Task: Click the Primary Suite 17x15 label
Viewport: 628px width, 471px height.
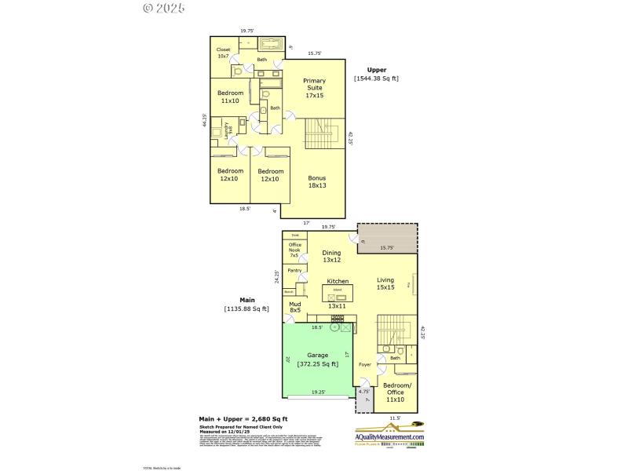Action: pos(314,88)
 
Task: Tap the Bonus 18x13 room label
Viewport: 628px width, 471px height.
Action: pos(316,182)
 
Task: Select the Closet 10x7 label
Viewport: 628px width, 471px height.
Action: pos(224,53)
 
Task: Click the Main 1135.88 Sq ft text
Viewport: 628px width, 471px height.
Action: pos(246,305)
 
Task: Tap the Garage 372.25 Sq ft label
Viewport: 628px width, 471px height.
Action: pos(318,360)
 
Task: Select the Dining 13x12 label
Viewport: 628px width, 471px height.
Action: pos(332,256)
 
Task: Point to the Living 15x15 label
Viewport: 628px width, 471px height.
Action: pos(385,283)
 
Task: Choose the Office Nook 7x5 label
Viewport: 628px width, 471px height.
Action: pos(294,250)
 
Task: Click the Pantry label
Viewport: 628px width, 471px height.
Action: pos(294,270)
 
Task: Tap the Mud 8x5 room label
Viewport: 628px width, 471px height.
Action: pos(294,307)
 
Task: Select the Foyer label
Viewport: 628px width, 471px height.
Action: pos(364,365)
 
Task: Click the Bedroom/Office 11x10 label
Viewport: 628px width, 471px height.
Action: pos(396,392)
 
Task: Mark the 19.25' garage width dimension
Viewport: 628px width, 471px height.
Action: pos(318,392)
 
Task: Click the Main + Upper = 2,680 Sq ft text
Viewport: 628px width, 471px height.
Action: pos(243,418)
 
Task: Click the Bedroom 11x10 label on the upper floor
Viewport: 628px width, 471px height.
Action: pos(230,97)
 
